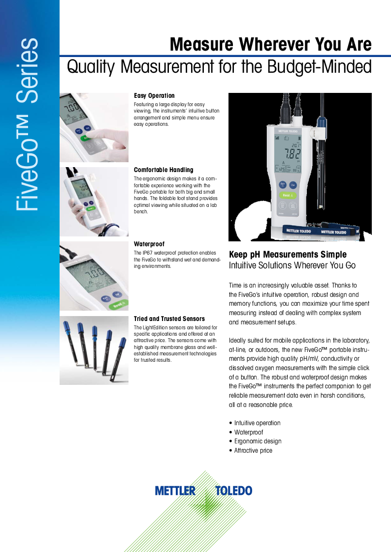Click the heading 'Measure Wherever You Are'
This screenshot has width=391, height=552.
pyautogui.click(x=270, y=45)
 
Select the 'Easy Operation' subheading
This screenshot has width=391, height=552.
pyautogui.click(x=154, y=96)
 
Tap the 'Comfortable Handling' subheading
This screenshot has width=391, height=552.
pyautogui.click(x=163, y=170)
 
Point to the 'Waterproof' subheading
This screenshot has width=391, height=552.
pyautogui.click(x=149, y=244)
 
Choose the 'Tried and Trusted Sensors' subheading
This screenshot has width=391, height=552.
pyautogui.click(x=169, y=319)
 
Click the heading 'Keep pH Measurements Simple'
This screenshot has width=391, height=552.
pyautogui.click(x=288, y=255)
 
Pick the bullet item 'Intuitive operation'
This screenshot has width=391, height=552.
pyautogui.click(x=257, y=423)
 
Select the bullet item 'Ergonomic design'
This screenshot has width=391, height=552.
pyautogui.click(x=258, y=441)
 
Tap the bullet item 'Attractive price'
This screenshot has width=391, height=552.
pyautogui.click(x=253, y=451)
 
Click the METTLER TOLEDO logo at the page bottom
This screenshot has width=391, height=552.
pyautogui.click(x=203, y=491)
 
